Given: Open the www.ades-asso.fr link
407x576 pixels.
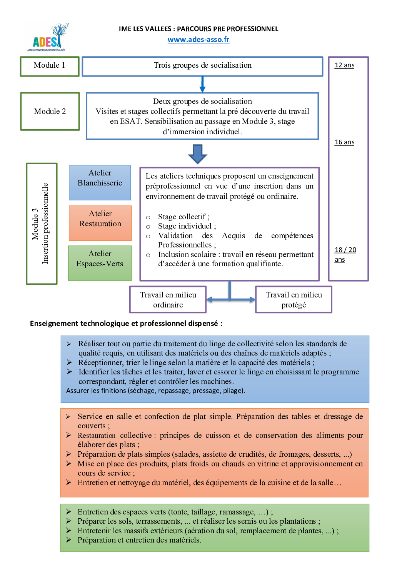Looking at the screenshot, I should coord(198,40).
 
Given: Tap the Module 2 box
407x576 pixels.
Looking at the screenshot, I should coord(50,111).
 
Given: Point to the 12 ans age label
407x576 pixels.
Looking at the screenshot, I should coord(344,65).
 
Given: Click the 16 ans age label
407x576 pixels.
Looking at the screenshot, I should coord(344,142).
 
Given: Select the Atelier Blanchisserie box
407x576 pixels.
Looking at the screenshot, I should coord(100,182).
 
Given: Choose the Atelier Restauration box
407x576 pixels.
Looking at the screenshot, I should coord(100,223).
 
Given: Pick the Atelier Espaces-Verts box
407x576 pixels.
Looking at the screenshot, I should coord(100,263).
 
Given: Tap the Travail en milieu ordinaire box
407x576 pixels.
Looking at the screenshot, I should coord(168,300).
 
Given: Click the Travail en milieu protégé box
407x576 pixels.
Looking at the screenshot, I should coord(294,300).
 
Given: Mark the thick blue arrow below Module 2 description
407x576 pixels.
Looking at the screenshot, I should coord(198,154).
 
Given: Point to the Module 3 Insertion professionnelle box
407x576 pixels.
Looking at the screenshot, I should coord(42,224).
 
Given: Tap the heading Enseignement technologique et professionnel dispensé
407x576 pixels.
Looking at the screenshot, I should coord(126,324).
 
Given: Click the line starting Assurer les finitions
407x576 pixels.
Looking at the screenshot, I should coord(155,391).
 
